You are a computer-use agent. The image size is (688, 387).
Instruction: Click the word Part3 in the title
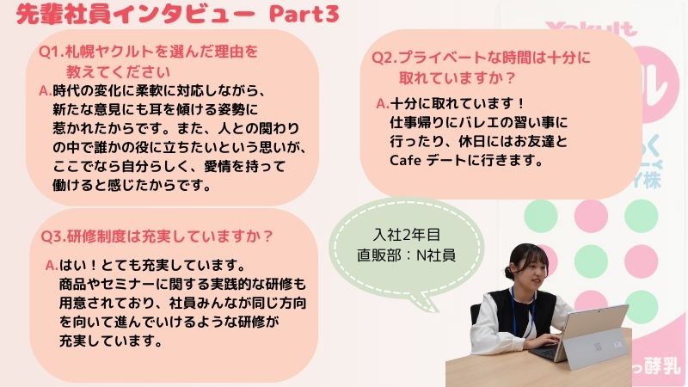pyautogui.click(x=304, y=14)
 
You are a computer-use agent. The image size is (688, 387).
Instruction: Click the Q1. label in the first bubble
pyautogui.click(x=52, y=52)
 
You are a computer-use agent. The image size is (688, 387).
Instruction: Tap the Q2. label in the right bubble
pyautogui.click(x=384, y=58)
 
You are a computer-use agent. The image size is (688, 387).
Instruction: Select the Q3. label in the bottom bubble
pyautogui.click(x=53, y=236)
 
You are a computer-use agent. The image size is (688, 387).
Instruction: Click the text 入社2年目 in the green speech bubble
pyautogui.click(x=407, y=235)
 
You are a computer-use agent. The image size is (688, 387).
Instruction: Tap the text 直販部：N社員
pyautogui.click(x=406, y=255)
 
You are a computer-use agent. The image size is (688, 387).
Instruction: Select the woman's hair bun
pyautogui.click(x=509, y=273)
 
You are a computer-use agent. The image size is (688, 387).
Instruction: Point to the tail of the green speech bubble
pyautogui.click(x=422, y=302)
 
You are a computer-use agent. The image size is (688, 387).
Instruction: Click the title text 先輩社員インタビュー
pyautogui.click(x=135, y=15)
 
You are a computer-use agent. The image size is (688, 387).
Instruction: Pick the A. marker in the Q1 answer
pyautogui.click(x=46, y=91)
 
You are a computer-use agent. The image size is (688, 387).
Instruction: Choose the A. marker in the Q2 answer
pyautogui.click(x=383, y=103)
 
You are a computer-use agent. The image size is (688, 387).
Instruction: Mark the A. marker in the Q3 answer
pyautogui.click(x=52, y=265)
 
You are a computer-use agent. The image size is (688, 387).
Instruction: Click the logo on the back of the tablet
pyautogui.click(x=598, y=347)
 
